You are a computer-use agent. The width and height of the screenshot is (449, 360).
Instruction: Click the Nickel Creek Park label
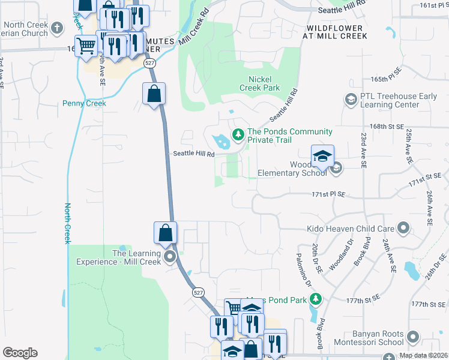click(x=264, y=83)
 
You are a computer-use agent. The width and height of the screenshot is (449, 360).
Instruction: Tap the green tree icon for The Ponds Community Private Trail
click(x=238, y=133)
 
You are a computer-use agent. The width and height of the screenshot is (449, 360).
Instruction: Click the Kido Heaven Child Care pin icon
click(x=403, y=228)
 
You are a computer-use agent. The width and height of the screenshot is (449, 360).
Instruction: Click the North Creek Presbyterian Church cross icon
click(x=57, y=28)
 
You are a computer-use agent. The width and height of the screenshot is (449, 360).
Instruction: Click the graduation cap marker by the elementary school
click(x=322, y=157)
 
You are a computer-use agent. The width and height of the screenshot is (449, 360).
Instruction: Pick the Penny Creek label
click(x=84, y=103)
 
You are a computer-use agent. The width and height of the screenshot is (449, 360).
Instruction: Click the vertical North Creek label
click(x=67, y=223)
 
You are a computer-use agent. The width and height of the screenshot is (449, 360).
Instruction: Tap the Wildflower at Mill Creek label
click(x=336, y=32)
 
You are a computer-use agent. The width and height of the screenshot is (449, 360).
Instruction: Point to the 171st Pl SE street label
click(x=329, y=194)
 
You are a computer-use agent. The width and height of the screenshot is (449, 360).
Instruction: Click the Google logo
click(x=20, y=353)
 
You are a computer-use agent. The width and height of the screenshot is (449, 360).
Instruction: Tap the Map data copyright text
click(x=423, y=355)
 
